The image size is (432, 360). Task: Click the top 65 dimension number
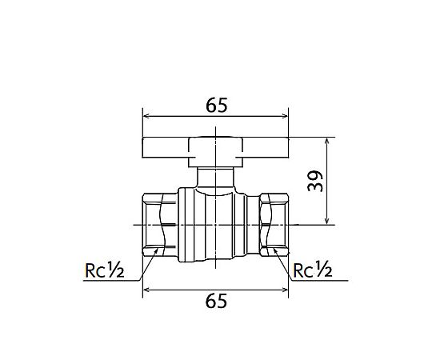[217, 106]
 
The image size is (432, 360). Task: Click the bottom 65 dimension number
[216, 301]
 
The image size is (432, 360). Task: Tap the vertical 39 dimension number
[315, 181]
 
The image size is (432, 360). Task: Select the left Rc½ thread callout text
[105, 270]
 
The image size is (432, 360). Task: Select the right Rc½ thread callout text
[313, 270]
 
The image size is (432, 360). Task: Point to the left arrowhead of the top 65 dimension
[147, 116]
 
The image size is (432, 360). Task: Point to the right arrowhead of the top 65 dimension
[284, 116]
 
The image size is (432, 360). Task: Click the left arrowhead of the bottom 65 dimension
[147, 290]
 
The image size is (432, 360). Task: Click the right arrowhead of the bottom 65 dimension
[284, 290]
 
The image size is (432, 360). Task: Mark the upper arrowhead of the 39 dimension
[327, 142]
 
